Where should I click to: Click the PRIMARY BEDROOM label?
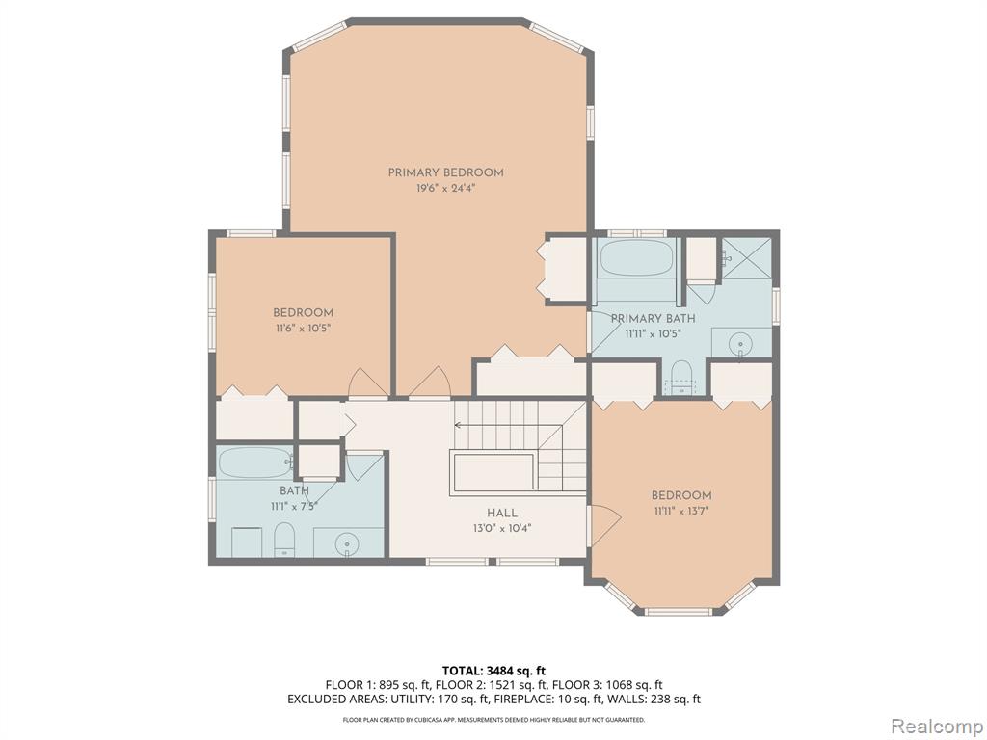click(445, 172)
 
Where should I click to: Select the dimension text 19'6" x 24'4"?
click(445, 189)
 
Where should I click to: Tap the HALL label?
click(502, 513)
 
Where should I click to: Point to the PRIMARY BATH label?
click(649, 319)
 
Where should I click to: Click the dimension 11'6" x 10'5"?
click(303, 329)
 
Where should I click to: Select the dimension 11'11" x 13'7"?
click(681, 512)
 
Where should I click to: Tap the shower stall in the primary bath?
click(748, 257)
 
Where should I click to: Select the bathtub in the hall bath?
click(254, 462)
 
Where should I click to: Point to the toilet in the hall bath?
click(284, 540)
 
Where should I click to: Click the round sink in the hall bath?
click(349, 545)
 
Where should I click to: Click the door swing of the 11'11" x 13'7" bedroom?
click(602, 525)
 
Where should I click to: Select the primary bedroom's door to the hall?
click(430, 383)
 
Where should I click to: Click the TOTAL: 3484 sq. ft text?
click(493, 670)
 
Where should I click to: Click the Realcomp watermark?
click(935, 725)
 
